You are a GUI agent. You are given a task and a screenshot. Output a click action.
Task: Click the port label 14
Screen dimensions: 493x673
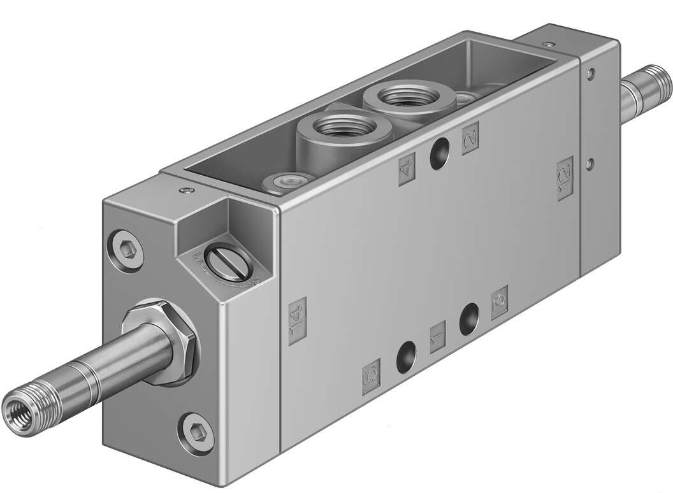[x=297, y=321]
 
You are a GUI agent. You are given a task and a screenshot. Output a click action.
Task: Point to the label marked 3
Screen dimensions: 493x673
[x=500, y=303]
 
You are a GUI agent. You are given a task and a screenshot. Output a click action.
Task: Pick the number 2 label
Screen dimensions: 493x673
[x=470, y=135]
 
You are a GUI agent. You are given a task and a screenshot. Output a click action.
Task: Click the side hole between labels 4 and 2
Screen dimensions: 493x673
[x=438, y=155]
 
